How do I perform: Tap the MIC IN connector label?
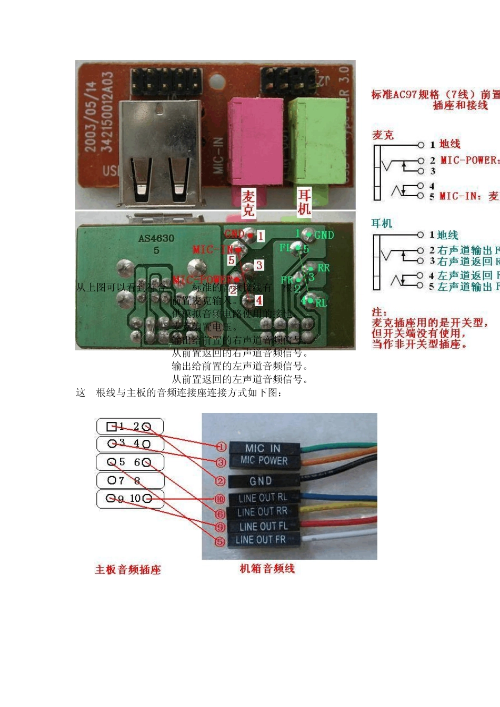263,448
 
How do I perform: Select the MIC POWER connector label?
264,461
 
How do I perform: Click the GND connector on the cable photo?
261,481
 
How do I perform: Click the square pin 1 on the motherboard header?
111,427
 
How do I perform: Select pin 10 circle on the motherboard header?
147,498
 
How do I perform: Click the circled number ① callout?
221,447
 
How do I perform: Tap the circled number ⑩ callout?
219,499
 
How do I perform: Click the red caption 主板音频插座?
128,570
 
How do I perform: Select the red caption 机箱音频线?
267,569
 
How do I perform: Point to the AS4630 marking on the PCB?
156,239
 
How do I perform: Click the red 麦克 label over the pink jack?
248,204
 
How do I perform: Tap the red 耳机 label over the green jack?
305,202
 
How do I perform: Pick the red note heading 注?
379,312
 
